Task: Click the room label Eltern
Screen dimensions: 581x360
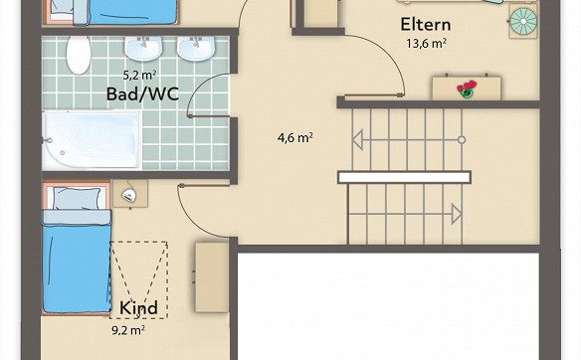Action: click(x=426, y=25)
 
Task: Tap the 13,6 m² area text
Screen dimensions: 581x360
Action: click(x=426, y=44)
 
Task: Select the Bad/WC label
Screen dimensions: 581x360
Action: click(x=142, y=94)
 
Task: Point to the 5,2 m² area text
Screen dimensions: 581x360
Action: click(x=139, y=76)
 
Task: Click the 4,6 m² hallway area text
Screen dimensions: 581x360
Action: click(x=295, y=138)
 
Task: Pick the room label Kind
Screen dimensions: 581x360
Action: click(x=138, y=307)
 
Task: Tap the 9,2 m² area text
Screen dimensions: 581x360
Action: click(x=128, y=329)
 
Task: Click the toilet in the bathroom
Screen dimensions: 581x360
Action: click(x=79, y=55)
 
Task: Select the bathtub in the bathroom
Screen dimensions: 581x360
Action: click(x=92, y=139)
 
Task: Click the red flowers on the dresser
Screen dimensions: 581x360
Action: click(x=467, y=89)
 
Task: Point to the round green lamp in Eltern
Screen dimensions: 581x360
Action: click(x=523, y=21)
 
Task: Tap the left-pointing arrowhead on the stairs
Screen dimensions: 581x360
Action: click(x=357, y=140)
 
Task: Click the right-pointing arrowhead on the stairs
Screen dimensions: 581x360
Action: click(x=457, y=214)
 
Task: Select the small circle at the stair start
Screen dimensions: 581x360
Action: click(x=462, y=140)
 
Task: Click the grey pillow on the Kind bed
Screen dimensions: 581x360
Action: click(x=77, y=198)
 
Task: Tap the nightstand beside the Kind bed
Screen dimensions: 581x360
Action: click(x=130, y=194)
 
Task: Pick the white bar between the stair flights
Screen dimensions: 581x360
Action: click(x=404, y=177)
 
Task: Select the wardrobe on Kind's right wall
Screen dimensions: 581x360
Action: click(x=212, y=277)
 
